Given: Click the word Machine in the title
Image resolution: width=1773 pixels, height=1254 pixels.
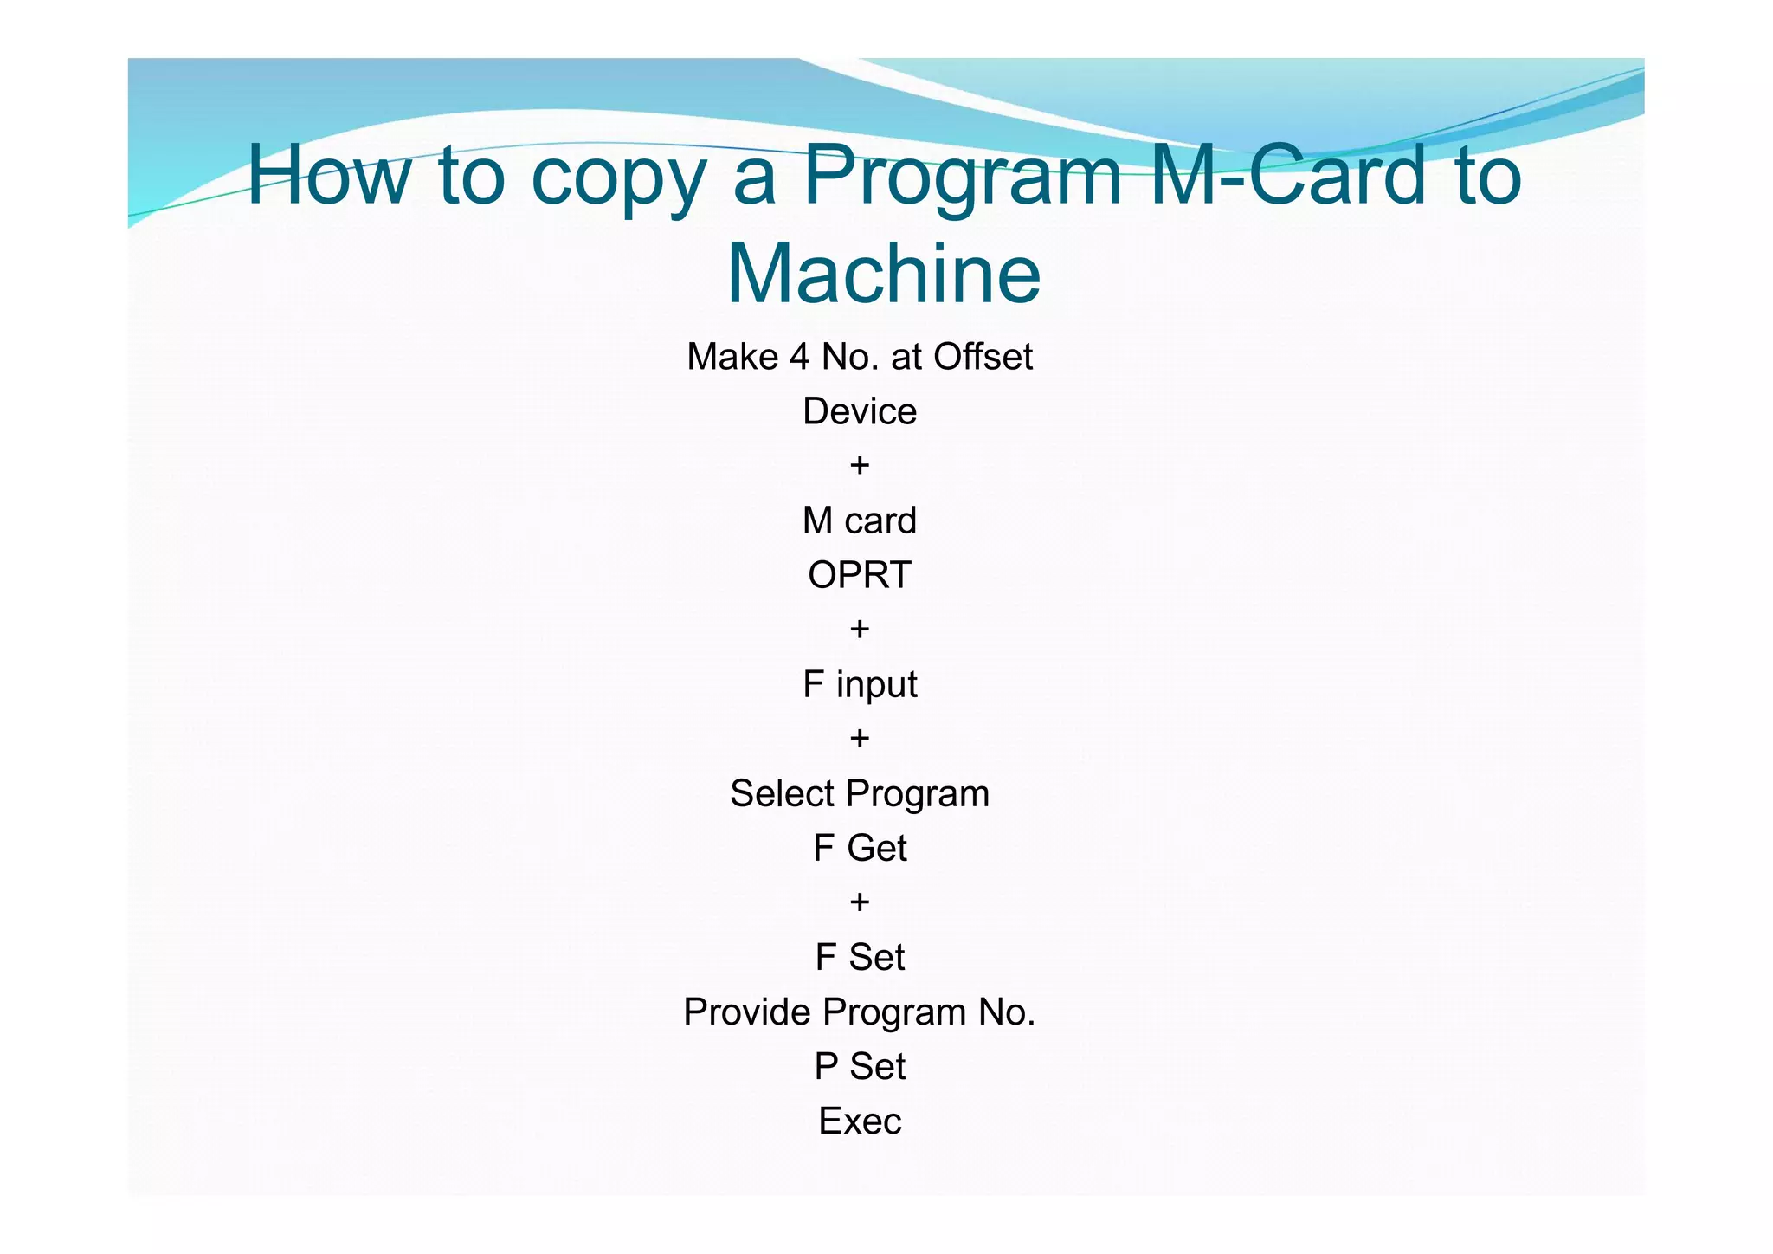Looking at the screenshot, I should pyautogui.click(x=884, y=274).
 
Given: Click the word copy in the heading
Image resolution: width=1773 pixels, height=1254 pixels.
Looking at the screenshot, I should pyautogui.click(x=617, y=179).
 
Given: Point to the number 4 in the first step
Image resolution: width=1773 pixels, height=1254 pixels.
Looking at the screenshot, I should pyautogui.click(x=798, y=357).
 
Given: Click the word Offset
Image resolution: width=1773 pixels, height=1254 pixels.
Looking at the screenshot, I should pyautogui.click(x=983, y=357).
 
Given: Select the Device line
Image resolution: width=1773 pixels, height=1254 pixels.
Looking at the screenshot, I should pyautogui.click(x=859, y=411).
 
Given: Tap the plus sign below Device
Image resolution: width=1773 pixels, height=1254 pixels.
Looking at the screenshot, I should pyautogui.click(x=859, y=466).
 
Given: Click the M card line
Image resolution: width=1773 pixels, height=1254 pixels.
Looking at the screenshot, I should pyautogui.click(x=859, y=520).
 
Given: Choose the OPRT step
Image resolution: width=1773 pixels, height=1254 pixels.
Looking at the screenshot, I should pyautogui.click(x=859, y=575).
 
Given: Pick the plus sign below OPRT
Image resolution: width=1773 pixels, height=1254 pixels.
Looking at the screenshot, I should pyautogui.click(x=859, y=630).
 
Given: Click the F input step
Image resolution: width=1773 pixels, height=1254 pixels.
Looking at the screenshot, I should pyautogui.click(x=859, y=684).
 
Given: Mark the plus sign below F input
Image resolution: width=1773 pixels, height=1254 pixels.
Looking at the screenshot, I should pyautogui.click(x=859, y=739).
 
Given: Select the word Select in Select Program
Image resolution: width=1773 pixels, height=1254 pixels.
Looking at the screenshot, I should pyautogui.click(x=782, y=793).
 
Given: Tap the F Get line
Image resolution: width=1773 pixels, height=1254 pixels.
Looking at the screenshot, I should pyautogui.click(x=859, y=848).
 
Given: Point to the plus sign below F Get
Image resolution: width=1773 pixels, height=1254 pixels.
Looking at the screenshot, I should pyautogui.click(x=859, y=902).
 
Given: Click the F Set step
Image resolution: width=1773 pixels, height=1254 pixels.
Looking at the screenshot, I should pyautogui.click(x=859, y=957).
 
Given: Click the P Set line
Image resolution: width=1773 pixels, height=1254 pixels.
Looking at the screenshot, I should pyautogui.click(x=859, y=1066).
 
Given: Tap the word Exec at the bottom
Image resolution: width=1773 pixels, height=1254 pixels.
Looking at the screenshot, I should pyautogui.click(x=859, y=1121).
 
